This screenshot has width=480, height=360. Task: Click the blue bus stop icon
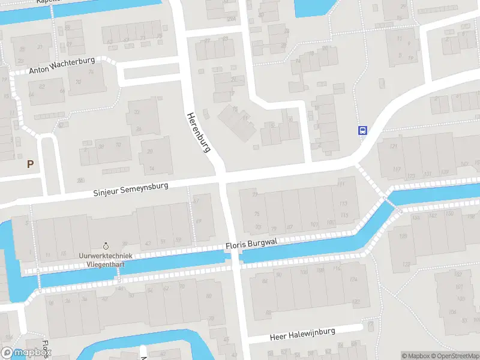362,130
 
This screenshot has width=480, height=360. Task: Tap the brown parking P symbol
30,163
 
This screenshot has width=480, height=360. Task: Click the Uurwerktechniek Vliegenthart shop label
106,259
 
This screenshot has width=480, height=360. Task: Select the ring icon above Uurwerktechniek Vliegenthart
106,245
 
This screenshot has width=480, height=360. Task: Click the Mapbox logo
25,353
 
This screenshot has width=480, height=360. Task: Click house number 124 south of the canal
354,280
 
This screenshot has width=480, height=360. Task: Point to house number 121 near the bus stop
394,146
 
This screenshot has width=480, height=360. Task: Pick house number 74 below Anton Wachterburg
92,72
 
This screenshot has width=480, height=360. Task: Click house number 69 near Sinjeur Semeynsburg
199,221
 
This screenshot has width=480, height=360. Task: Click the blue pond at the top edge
313,7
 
